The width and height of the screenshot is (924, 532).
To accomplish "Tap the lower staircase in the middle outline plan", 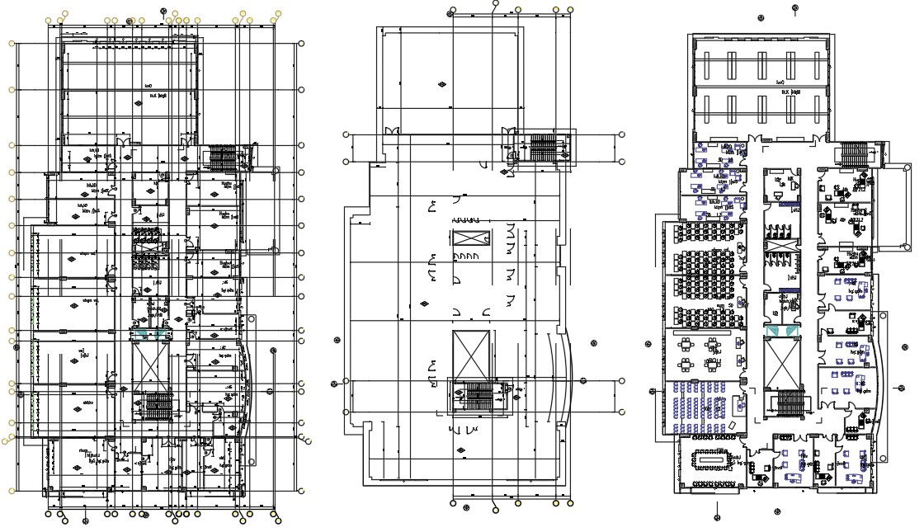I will pos(479,396).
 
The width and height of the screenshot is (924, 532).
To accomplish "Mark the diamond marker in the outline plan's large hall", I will pos(443,84).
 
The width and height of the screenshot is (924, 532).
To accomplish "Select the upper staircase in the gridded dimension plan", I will pos(223,155).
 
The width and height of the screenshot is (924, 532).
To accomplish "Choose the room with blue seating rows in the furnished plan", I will pos(701,406).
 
